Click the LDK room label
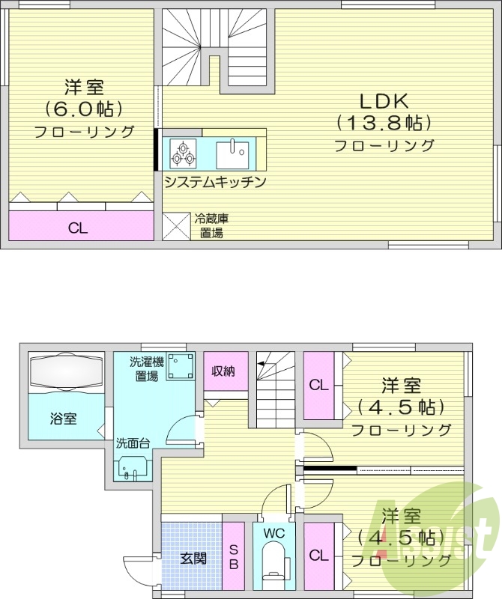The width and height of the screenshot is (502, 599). click(x=384, y=100)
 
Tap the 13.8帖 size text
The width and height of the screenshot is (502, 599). click(x=384, y=122)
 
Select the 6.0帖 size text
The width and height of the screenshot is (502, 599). click(x=83, y=109)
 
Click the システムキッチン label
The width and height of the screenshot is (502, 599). click(x=215, y=181)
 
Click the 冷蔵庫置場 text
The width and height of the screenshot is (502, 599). click(x=211, y=225)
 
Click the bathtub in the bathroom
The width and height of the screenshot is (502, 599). click(x=65, y=371)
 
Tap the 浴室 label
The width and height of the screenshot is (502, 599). click(x=63, y=419)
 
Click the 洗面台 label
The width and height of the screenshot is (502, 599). click(x=133, y=443)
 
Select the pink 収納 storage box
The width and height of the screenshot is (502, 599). click(x=226, y=371)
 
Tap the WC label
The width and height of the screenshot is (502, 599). click(x=274, y=532)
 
